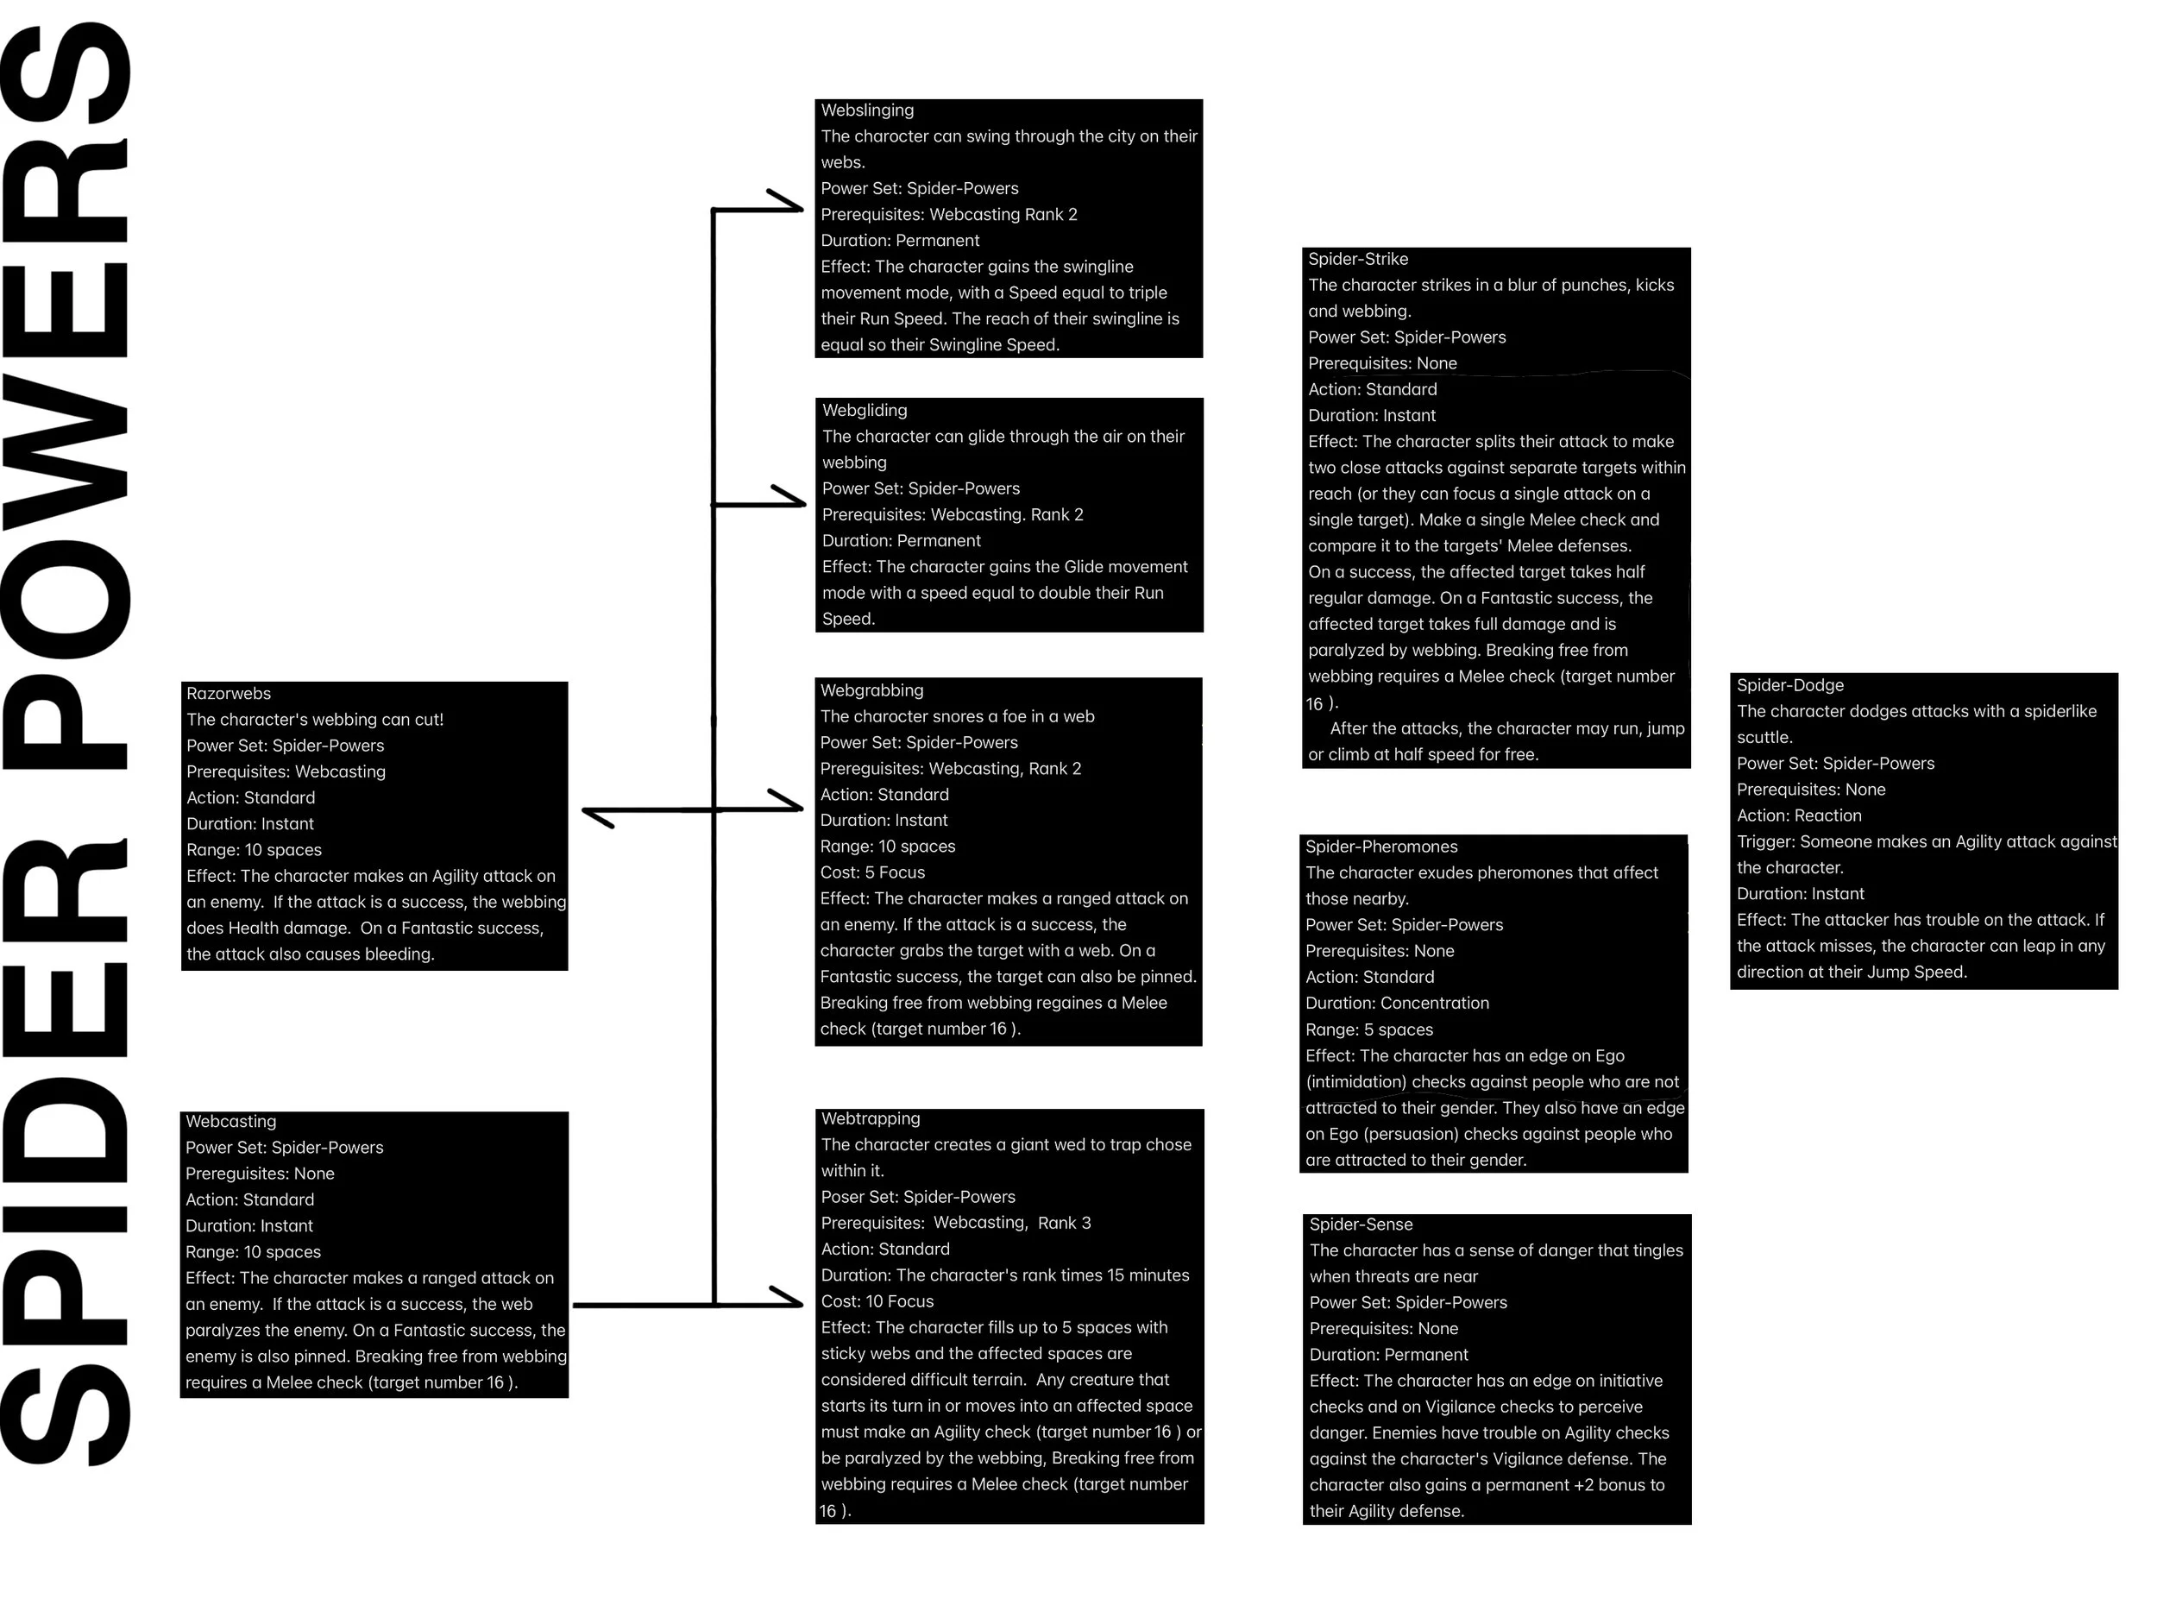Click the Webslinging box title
[867, 111]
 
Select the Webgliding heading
[864, 411]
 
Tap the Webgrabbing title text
[871, 690]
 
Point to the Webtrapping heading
[870, 1118]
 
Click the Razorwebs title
[228, 694]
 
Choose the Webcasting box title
[230, 1122]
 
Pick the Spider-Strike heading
[1357, 260]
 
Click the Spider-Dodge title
[1789, 686]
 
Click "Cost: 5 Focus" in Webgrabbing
[871, 873]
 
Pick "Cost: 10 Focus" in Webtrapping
[877, 1301]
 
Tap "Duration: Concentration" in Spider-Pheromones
[1396, 1003]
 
